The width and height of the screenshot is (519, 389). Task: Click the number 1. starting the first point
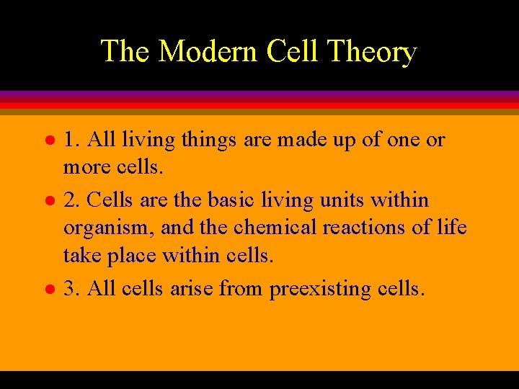point(71,140)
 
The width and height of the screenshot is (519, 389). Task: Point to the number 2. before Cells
point(71,200)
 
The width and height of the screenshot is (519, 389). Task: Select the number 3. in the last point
point(71,289)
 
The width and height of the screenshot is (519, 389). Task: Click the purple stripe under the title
point(259,94)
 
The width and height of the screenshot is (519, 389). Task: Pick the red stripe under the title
point(259,104)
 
